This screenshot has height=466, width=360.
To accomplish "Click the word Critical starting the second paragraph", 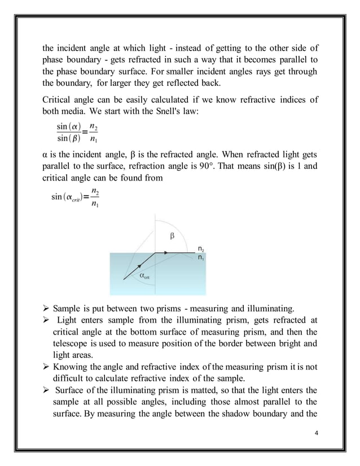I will (x=59, y=99).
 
